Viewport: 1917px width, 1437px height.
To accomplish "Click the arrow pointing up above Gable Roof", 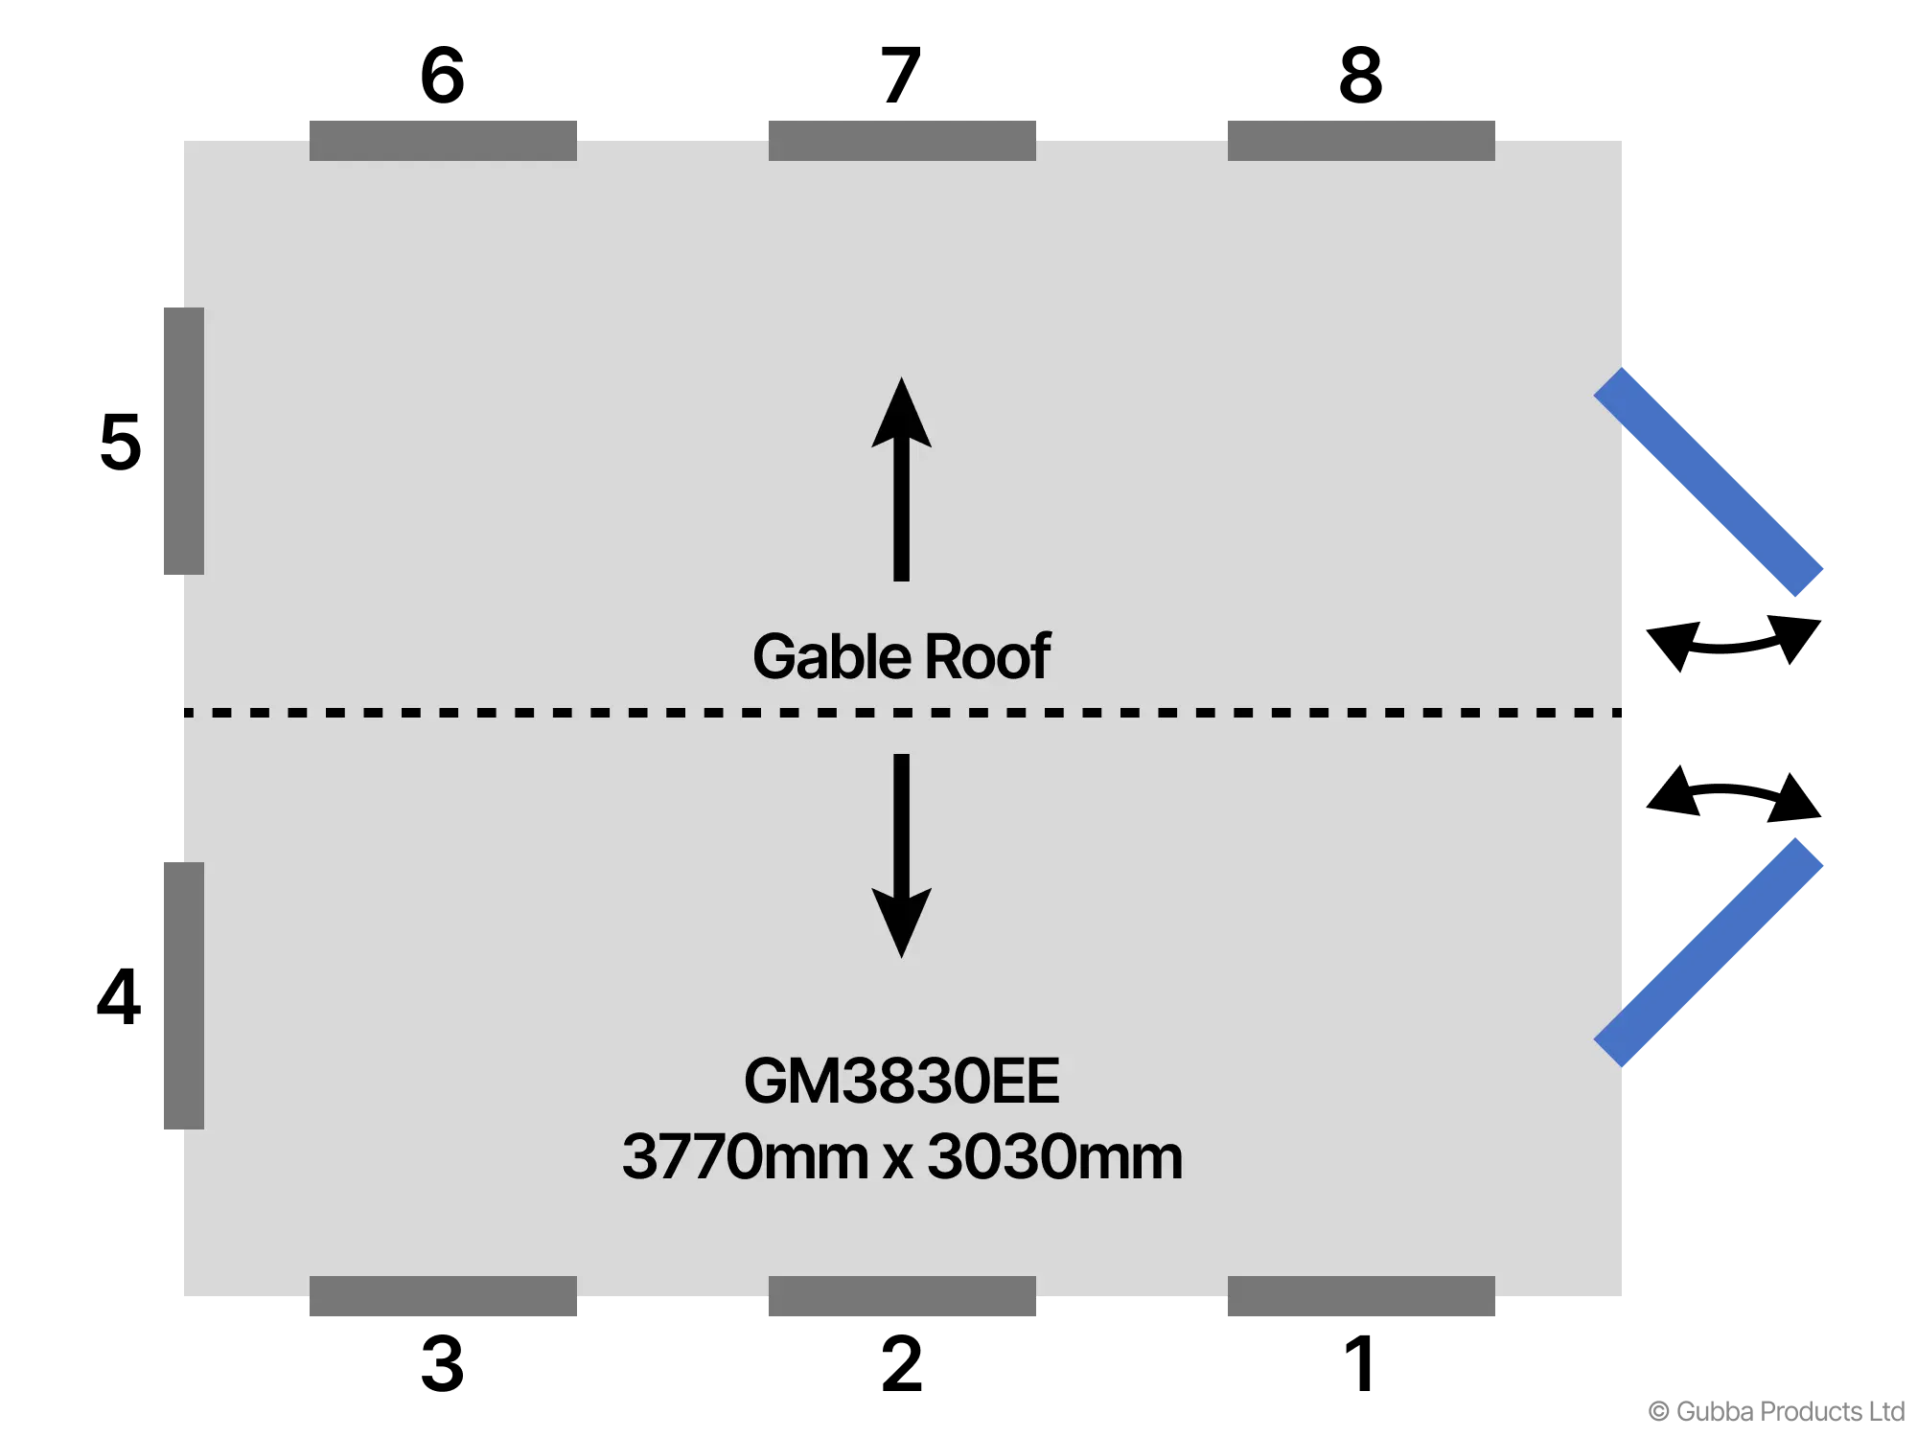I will (x=901, y=479).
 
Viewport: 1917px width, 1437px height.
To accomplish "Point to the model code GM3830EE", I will (x=901, y=1082).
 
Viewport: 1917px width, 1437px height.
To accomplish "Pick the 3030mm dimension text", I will (x=1054, y=1157).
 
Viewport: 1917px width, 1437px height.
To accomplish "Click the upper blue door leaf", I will (x=1708, y=482).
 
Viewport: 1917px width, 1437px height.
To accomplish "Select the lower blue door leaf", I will (x=1708, y=951).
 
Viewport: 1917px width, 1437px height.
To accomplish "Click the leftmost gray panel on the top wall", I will (x=444, y=138).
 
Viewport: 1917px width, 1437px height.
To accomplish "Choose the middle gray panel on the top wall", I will (x=904, y=138).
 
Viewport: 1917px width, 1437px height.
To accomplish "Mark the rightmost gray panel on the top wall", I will (x=1361, y=138).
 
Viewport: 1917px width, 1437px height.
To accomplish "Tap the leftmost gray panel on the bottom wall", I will (x=444, y=1296).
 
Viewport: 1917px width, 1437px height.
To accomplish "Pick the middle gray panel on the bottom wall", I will (x=904, y=1296).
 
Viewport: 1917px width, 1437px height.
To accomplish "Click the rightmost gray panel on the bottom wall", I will (x=1361, y=1296).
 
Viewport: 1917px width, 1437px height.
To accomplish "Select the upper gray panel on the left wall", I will (x=182, y=441).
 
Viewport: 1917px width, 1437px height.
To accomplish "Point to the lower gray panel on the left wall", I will (x=182, y=996).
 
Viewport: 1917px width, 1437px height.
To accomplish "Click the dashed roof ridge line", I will (x=575, y=713).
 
